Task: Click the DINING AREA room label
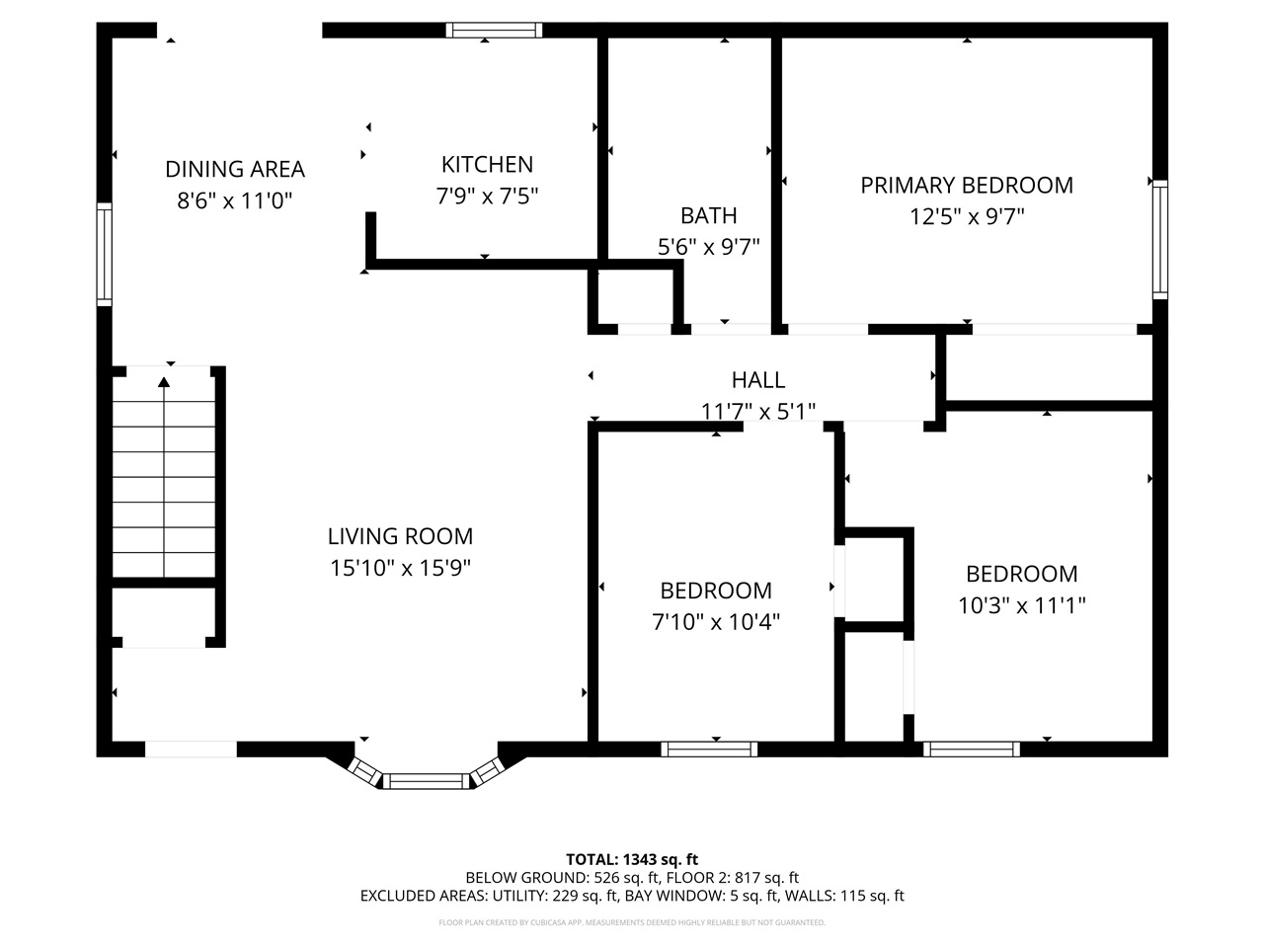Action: (235, 169)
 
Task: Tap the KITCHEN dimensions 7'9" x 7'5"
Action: (487, 197)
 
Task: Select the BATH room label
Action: (708, 215)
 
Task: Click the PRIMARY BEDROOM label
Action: (967, 185)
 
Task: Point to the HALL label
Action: (758, 379)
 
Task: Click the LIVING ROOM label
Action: (400, 536)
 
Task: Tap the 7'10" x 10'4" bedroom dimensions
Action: (716, 622)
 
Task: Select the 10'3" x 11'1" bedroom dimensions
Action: (1021, 605)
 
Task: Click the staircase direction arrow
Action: (164, 380)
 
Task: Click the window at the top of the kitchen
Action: (494, 30)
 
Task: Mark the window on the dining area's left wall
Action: (104, 253)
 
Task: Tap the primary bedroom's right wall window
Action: (1160, 239)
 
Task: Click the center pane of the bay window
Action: (425, 782)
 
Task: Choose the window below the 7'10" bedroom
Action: (709, 750)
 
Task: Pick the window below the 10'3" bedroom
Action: (972, 750)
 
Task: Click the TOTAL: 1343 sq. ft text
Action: (632, 859)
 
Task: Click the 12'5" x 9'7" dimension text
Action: (967, 216)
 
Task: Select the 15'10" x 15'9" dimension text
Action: (400, 568)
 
